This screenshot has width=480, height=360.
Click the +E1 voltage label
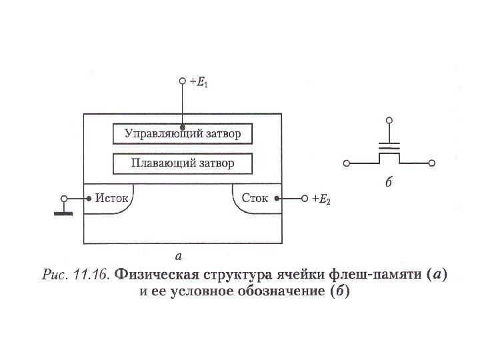click(198, 83)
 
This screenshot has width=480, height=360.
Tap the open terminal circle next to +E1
click(182, 82)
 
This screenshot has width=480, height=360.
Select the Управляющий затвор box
click(182, 134)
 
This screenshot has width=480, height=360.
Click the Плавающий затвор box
click(182, 163)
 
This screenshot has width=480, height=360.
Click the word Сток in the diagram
click(255, 198)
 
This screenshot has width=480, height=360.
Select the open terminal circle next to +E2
click(305, 199)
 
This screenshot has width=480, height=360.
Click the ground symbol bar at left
click(63, 214)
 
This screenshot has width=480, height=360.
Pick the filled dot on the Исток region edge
click(89, 199)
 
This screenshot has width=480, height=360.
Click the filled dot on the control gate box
click(182, 124)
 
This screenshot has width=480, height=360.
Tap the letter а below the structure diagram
click(178, 255)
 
